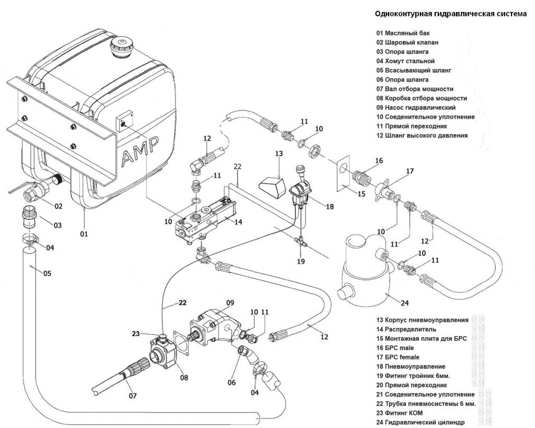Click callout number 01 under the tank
84,234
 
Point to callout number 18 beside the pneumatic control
329,206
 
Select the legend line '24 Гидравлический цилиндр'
420,422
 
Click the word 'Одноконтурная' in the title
401,14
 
